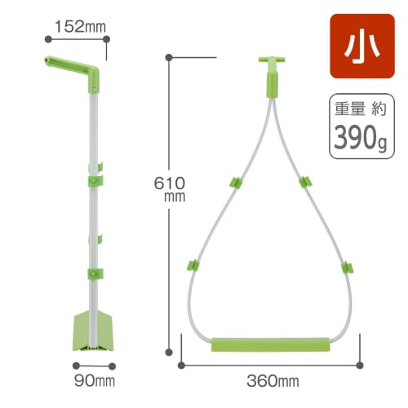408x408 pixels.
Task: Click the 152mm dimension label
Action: [x=80, y=26]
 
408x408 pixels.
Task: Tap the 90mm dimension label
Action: [x=95, y=379]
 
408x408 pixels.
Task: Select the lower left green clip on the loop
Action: [x=193, y=265]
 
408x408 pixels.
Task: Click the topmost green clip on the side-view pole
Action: [x=95, y=172]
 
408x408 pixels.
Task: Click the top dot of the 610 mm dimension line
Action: [x=169, y=57]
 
